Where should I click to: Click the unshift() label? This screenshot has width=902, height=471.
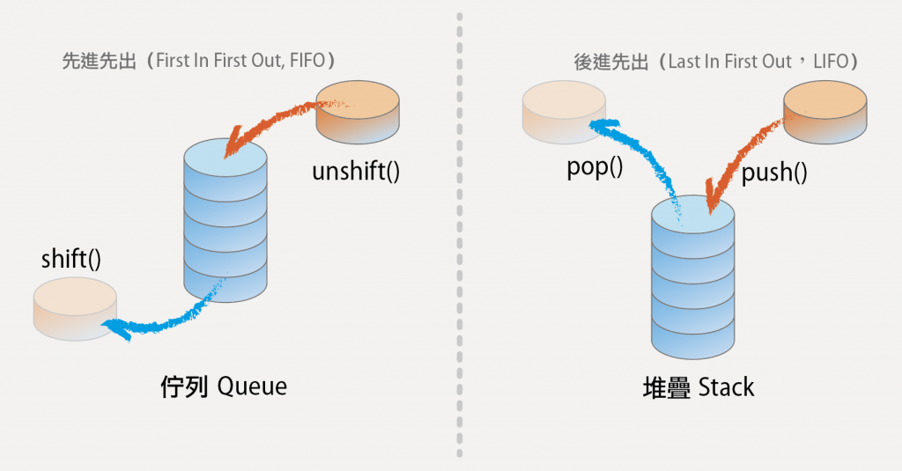click(356, 172)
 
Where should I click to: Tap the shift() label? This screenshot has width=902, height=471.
click(70, 260)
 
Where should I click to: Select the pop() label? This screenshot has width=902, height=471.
click(595, 167)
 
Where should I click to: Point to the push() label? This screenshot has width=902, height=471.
click(774, 173)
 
